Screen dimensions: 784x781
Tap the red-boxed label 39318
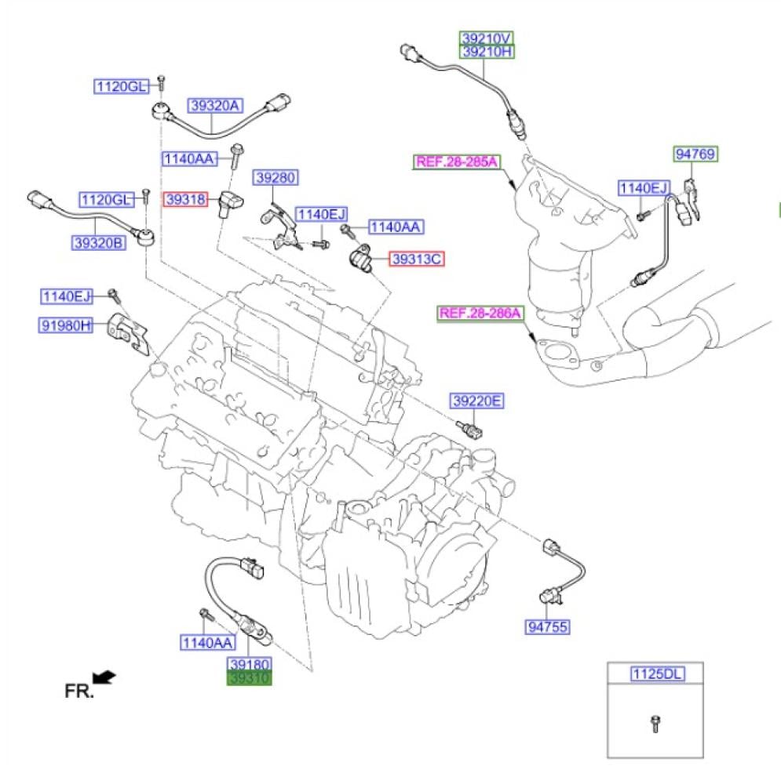[185, 200]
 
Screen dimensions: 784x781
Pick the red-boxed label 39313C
[417, 258]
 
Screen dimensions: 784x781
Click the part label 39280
[274, 179]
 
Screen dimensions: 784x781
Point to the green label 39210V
[486, 38]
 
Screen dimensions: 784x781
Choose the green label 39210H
[486, 53]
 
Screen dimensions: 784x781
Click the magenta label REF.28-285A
[456, 162]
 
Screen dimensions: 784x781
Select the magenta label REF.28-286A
[480, 314]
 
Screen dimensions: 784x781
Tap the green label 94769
[695, 154]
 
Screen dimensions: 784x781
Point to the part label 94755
[547, 626]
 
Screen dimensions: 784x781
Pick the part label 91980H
[67, 325]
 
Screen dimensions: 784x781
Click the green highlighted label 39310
[250, 679]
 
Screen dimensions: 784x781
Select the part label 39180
[250, 664]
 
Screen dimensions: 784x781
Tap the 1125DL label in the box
[655, 673]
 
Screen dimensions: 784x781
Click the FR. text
[78, 691]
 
